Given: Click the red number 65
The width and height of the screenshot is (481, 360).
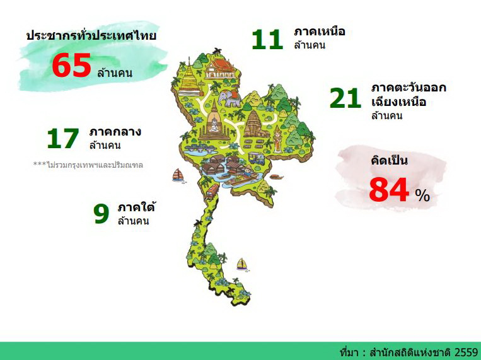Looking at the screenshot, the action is [x=71, y=66].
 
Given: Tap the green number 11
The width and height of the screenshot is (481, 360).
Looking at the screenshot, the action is [x=267, y=39].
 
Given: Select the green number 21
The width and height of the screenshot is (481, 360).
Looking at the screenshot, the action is [x=345, y=98].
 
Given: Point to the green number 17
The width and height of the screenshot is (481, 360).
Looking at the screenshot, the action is [x=63, y=139].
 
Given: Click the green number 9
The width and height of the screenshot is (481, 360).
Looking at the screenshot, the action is [x=101, y=214].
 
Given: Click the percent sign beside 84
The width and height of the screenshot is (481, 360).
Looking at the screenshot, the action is [x=422, y=195].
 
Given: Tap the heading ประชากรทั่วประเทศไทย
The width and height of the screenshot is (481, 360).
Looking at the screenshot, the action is [x=91, y=35].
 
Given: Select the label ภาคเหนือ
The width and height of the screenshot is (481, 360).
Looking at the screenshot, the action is [x=320, y=31].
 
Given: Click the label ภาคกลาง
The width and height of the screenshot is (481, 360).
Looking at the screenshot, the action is [x=115, y=132].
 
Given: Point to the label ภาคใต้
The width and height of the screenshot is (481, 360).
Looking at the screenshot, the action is [x=136, y=207].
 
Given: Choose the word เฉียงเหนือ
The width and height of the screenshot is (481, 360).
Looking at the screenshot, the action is [x=398, y=101].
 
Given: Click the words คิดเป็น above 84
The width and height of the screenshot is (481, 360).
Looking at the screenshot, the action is [x=390, y=160].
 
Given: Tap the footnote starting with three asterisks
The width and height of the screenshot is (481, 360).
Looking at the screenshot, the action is [x=88, y=165].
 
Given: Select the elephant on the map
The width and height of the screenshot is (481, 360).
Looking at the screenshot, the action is [x=229, y=98].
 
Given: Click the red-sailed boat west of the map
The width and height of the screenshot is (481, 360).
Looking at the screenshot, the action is [x=178, y=175].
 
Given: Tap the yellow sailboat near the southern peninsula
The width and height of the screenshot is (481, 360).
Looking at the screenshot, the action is [x=241, y=264].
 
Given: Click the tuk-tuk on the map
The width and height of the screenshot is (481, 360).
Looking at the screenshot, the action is [x=256, y=158].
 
